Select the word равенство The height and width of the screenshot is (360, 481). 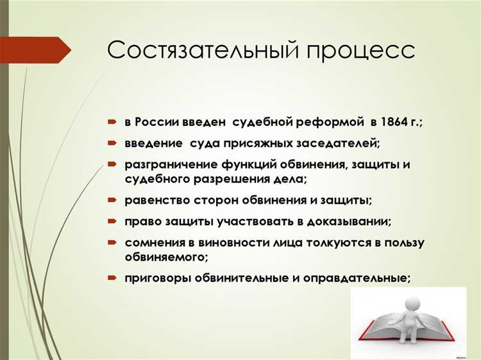(x=158, y=200)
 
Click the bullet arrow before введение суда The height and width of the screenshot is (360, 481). (x=112, y=142)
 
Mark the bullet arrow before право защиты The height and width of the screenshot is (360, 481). (x=112, y=221)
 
